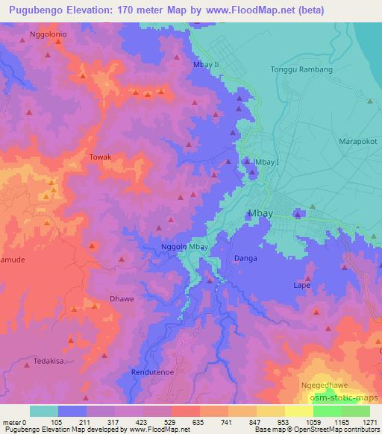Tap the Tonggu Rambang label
click(301, 69)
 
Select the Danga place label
click(245, 258)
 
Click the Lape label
click(302, 285)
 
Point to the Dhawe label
click(122, 298)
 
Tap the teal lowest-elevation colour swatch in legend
click(43, 411)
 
